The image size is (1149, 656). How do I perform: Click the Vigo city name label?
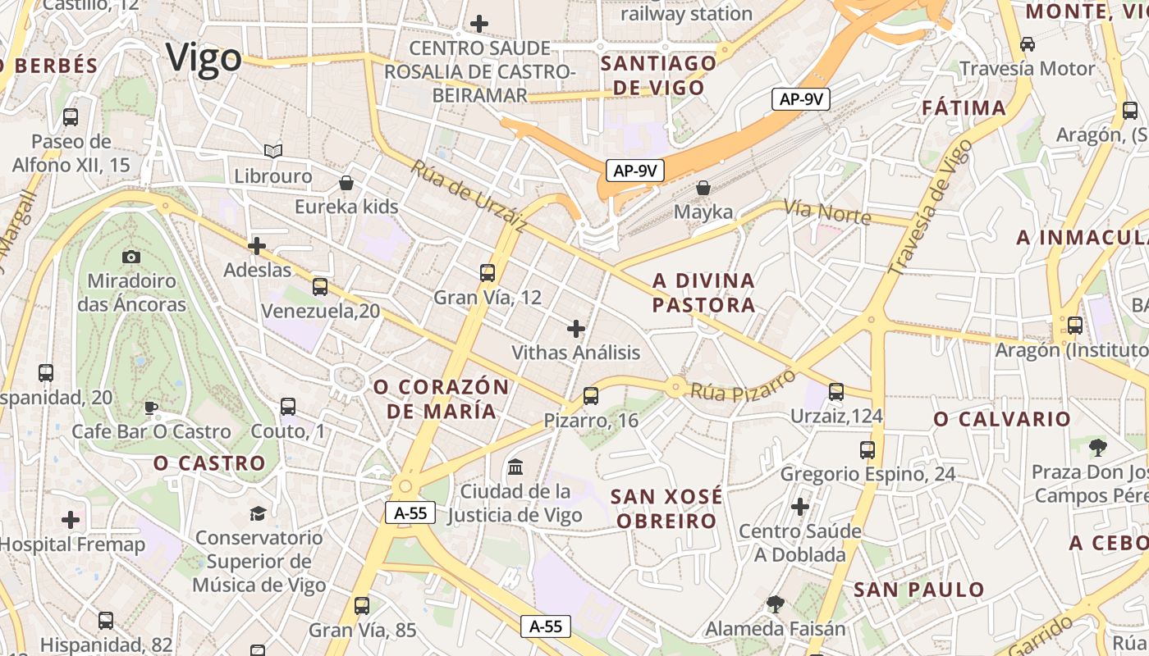pyautogui.click(x=204, y=58)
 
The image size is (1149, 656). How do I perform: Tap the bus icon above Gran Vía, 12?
pyautogui.click(x=488, y=272)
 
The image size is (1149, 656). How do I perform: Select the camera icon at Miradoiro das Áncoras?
pyautogui.click(x=131, y=257)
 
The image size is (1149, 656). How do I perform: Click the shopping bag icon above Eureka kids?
pyautogui.click(x=346, y=182)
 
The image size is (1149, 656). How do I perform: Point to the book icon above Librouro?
pyautogui.click(x=273, y=152)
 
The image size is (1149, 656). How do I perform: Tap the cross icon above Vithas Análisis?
pyautogui.click(x=576, y=329)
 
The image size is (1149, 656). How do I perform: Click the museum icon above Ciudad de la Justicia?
pyautogui.click(x=515, y=467)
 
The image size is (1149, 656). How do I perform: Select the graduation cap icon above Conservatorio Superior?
pyautogui.click(x=259, y=513)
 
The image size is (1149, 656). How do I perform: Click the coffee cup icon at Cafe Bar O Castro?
pyautogui.click(x=151, y=407)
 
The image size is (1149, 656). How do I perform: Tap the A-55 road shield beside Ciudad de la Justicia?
pyautogui.click(x=410, y=513)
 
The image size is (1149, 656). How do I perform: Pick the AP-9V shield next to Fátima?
pyautogui.click(x=801, y=99)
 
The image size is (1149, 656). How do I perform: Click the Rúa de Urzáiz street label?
pyautogui.click(x=469, y=194)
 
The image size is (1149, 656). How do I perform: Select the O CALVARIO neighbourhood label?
pyautogui.click(x=1002, y=419)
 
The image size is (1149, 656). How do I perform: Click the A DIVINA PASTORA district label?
pyautogui.click(x=703, y=293)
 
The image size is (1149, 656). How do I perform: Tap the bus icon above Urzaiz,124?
pyautogui.click(x=836, y=392)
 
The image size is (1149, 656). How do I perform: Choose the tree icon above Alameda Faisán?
pyautogui.click(x=775, y=605)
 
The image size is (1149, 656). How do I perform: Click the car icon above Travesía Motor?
pyautogui.click(x=1027, y=43)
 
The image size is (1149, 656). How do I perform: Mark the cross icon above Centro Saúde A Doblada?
pyautogui.click(x=800, y=507)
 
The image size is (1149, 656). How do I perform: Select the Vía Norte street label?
pyautogui.click(x=827, y=212)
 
